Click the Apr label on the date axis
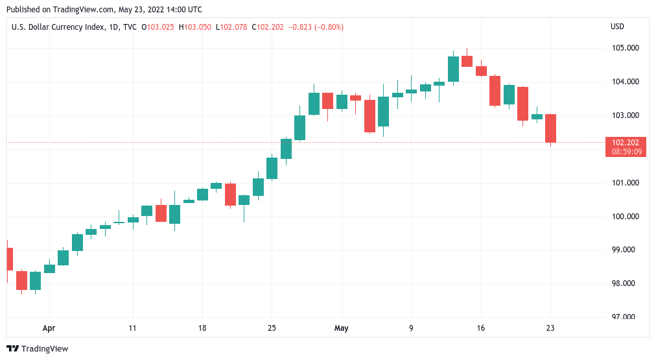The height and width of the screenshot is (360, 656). coord(49,328)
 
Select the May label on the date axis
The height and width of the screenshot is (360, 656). coord(342,328)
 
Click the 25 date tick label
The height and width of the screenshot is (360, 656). coord(272,328)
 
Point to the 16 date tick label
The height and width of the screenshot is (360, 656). coord(480,328)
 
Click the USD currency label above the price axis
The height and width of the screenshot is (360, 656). coord(617,27)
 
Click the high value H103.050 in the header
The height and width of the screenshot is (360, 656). coord(195,27)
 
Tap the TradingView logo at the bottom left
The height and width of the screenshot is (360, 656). coord(38,348)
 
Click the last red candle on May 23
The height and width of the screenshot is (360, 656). coord(551,128)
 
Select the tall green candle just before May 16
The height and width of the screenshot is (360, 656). coord(453,69)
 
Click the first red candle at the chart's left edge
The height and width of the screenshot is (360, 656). coord(9,259)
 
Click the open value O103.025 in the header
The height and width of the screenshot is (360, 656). coord(158,27)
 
